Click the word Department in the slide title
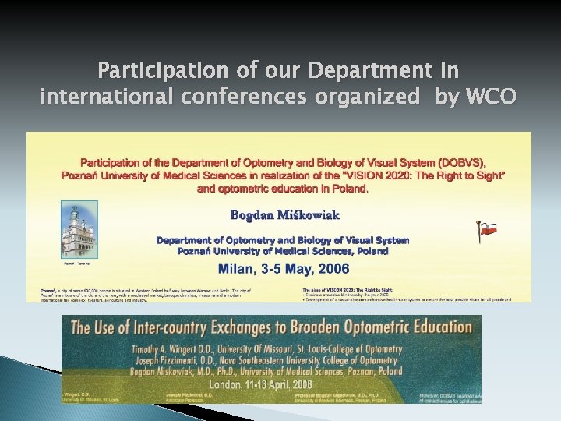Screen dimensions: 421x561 pyautogui.click(x=371, y=72)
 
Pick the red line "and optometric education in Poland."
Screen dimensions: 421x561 pyautogui.click(x=283, y=189)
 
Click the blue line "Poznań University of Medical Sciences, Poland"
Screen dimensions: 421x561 pyautogui.click(x=282, y=251)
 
